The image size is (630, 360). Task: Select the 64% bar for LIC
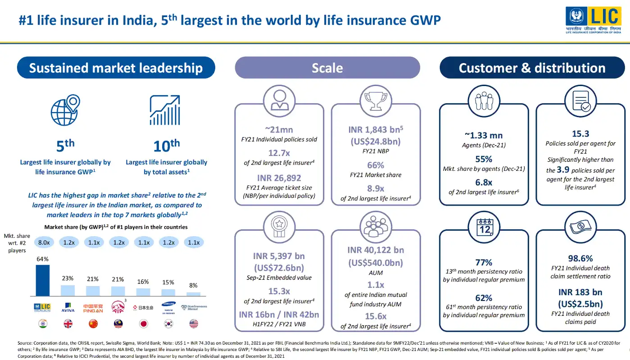[43, 280]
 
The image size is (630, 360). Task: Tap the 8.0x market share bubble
[43, 242]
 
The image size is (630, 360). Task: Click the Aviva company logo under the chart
[68, 307]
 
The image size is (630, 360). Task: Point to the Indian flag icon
[43, 324]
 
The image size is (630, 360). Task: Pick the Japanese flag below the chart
[143, 324]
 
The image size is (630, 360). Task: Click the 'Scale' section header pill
[327, 68]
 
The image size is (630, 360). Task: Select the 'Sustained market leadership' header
[116, 68]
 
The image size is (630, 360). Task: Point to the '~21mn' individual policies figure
[279, 130]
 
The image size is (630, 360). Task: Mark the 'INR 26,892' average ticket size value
[279, 178]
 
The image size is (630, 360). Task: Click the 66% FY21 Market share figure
[376, 165]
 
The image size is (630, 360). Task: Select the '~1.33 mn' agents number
[484, 135]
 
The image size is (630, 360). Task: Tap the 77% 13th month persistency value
[484, 262]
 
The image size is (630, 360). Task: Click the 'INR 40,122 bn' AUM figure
[376, 250]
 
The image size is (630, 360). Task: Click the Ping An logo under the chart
[93, 308]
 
